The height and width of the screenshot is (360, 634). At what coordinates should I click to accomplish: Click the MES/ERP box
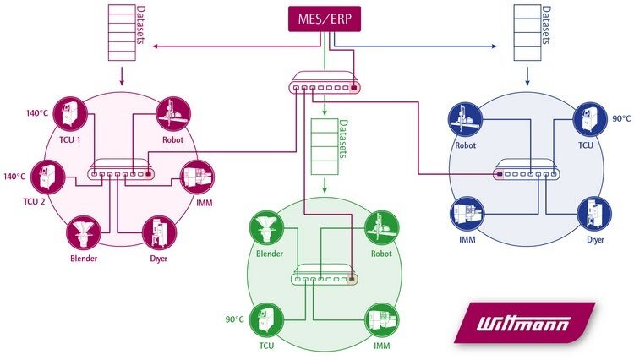click(325, 19)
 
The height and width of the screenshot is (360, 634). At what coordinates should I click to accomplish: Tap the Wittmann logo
click(524, 323)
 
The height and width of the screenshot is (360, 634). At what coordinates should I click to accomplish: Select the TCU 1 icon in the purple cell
click(70, 114)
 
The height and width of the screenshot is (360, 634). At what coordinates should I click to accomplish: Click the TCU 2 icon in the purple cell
click(47, 177)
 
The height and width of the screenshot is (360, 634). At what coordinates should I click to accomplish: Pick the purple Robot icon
click(173, 114)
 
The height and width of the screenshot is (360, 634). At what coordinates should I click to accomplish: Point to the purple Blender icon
click(84, 232)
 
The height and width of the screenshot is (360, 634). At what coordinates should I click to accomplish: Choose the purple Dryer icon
click(159, 233)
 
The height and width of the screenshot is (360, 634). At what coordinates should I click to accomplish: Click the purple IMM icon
click(197, 177)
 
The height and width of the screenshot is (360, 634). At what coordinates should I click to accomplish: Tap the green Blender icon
click(266, 227)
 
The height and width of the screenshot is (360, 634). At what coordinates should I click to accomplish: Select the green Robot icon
click(382, 227)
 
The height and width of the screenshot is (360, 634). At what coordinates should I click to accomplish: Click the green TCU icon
click(266, 320)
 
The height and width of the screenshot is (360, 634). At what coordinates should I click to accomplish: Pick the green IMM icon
click(382, 320)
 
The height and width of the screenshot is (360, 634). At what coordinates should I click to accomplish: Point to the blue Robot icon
click(466, 119)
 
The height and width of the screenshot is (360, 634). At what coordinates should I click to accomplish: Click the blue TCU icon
click(590, 119)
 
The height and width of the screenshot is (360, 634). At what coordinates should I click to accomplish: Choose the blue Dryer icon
click(593, 214)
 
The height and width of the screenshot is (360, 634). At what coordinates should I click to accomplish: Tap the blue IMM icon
click(467, 214)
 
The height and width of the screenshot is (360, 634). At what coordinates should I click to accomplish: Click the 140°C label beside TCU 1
click(37, 113)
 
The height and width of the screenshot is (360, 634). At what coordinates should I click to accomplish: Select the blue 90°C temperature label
click(621, 119)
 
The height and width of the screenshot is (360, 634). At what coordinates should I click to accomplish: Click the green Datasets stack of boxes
click(325, 147)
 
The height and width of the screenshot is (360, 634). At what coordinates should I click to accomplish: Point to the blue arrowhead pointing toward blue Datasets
click(495, 46)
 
